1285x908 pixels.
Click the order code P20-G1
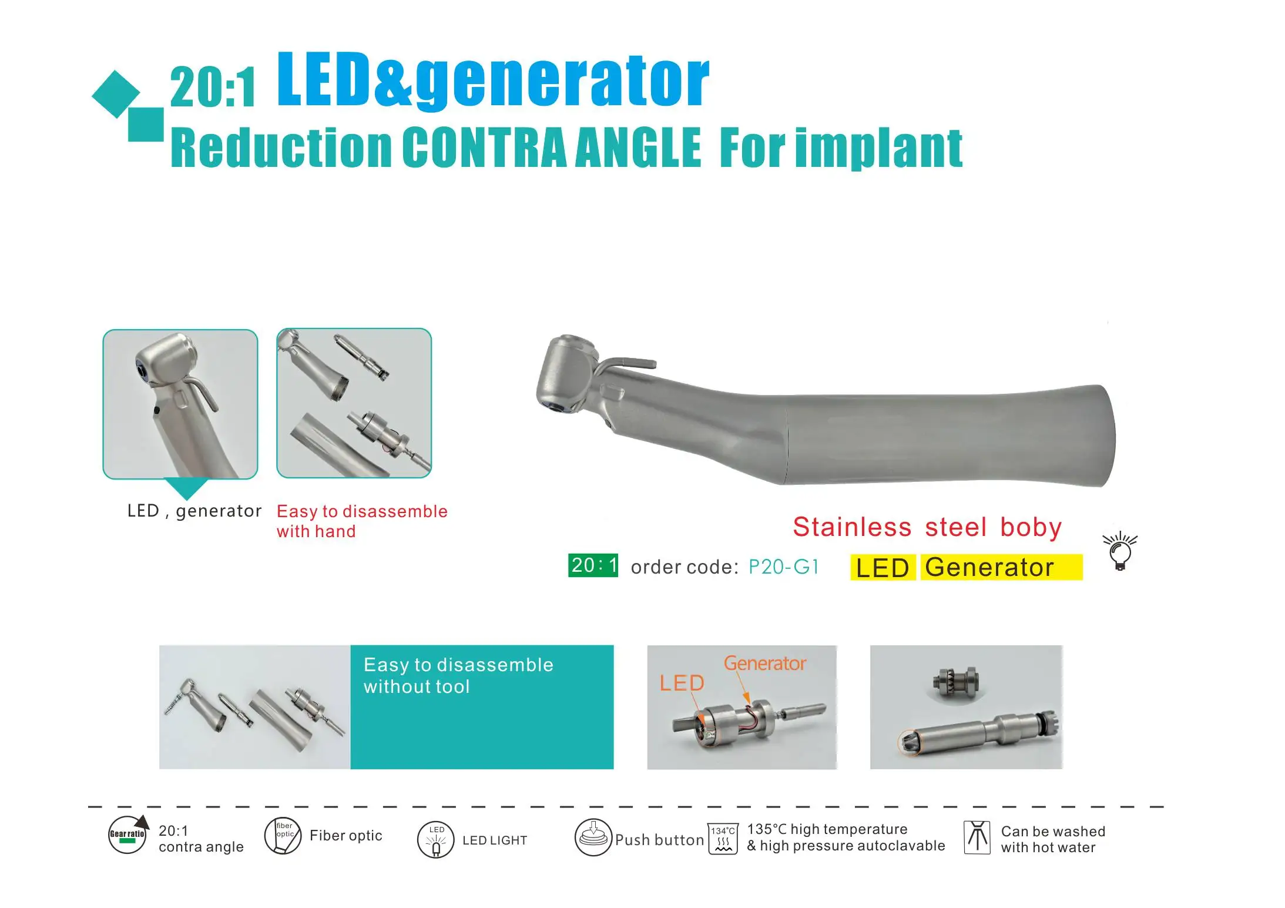783,567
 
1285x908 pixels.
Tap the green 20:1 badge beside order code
593,565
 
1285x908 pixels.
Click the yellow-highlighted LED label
883,568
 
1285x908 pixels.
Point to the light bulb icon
1119,552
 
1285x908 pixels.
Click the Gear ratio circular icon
128,835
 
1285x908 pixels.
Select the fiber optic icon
283,835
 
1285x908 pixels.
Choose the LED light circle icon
436,839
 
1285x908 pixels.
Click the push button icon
593,838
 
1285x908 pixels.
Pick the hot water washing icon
977,838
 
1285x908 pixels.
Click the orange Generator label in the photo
764,664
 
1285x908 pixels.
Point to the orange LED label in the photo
682,683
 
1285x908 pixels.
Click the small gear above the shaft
955,682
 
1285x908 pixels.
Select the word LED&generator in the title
492,81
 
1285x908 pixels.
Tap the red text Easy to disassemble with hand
361,521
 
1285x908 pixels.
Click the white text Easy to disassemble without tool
458,675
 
